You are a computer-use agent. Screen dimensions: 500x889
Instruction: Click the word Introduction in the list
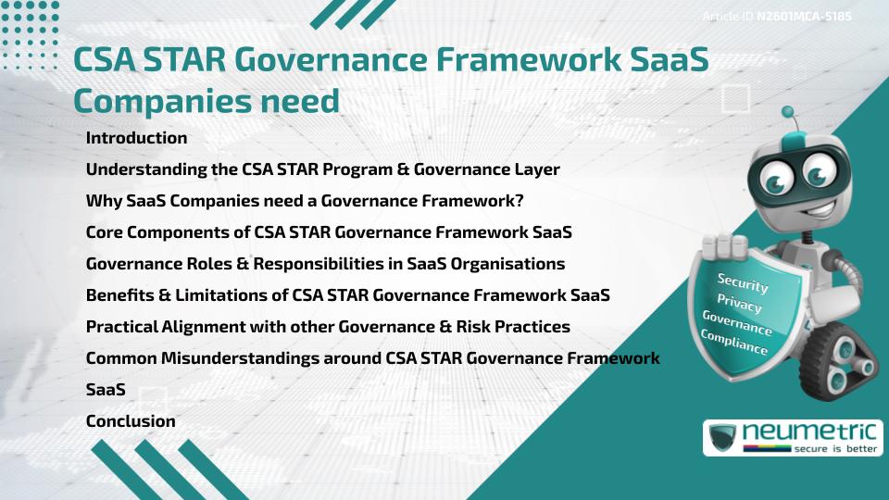point(136,138)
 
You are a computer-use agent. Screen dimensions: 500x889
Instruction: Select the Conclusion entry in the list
point(131,421)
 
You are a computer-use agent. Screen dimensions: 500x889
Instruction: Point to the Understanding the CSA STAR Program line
point(322,169)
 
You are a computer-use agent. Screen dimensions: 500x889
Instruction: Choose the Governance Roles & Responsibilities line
point(325,264)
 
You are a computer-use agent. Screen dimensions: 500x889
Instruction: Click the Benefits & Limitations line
point(347,295)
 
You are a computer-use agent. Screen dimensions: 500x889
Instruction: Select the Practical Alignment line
point(328,327)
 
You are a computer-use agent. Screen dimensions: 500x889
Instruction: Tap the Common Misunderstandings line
point(372,358)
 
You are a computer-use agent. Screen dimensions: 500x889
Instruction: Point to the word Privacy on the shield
point(739,305)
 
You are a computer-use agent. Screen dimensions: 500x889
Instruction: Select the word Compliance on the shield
point(734,344)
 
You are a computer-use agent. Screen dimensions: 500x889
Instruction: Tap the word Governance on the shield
point(737,323)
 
